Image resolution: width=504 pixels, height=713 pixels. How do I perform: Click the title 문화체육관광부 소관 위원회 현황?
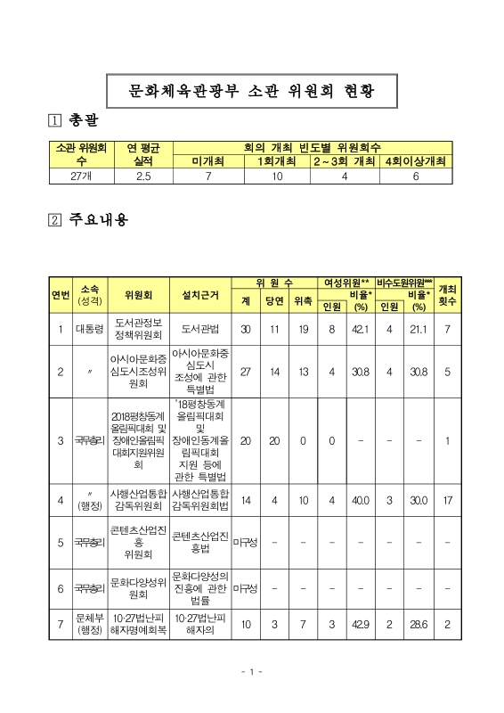click(x=251, y=90)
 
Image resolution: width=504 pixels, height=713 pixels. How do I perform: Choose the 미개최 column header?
click(x=207, y=161)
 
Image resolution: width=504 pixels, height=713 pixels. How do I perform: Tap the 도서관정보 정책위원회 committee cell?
click(x=138, y=330)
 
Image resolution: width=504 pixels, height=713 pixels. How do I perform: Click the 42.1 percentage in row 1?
click(x=361, y=330)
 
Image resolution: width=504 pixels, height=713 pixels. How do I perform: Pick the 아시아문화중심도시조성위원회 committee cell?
click(x=138, y=373)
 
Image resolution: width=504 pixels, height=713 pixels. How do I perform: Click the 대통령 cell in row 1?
click(x=89, y=330)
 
